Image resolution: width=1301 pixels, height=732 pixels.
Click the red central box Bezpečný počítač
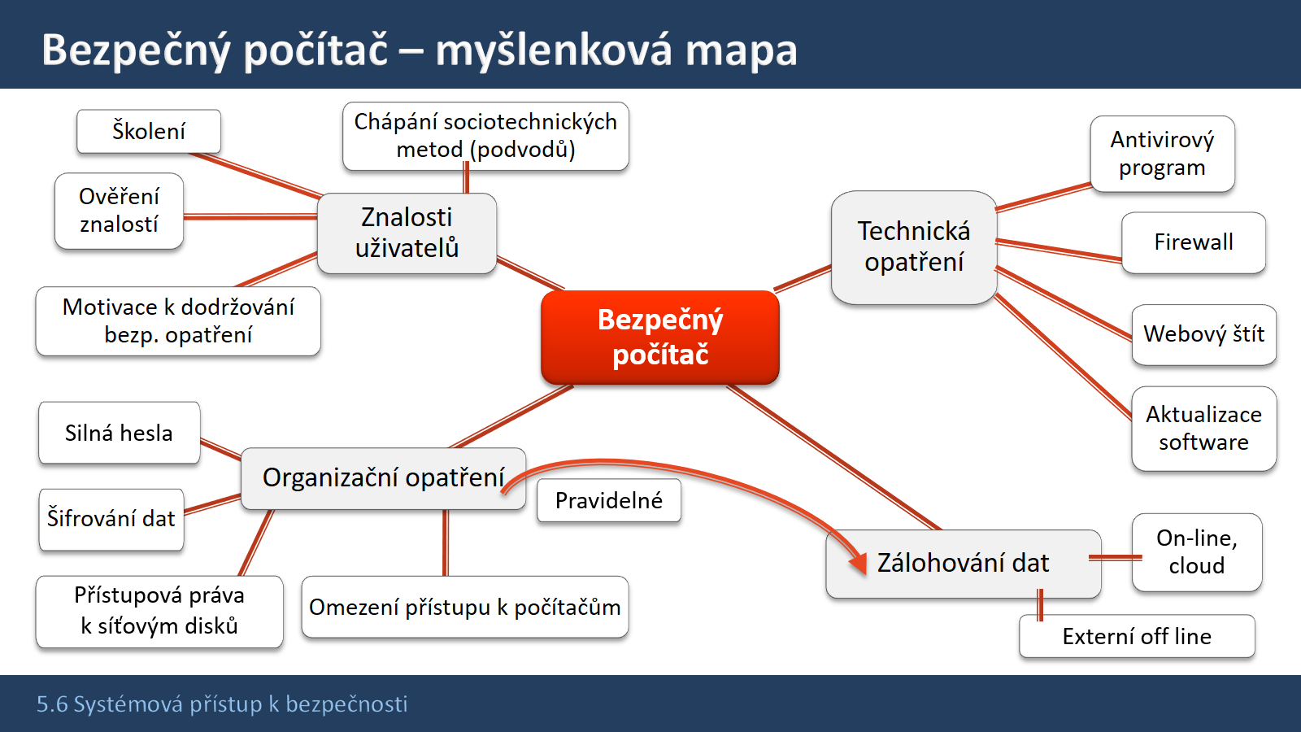659,337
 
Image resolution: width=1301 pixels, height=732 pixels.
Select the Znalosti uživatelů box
407,233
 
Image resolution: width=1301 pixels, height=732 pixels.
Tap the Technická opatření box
914,247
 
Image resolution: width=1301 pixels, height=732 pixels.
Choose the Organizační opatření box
383,478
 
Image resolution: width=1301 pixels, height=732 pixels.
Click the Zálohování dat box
963,564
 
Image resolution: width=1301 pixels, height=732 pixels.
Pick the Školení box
149,131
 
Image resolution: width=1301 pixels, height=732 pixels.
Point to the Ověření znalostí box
119,211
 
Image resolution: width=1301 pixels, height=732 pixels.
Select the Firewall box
1194,242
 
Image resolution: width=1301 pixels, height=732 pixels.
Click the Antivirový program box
1162,154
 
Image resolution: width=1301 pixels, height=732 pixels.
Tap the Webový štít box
1204,334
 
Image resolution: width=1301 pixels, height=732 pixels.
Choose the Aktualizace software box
1204,428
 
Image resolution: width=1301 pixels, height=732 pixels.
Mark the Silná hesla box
119,433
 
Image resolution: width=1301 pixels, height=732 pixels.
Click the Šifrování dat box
111,519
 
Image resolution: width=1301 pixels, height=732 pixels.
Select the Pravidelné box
609,500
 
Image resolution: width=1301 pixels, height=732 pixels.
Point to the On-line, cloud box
1196,552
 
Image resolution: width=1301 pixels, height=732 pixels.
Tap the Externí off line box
1137,636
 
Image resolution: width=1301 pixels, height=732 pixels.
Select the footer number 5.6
52,704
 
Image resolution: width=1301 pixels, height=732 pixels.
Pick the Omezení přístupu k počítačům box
464,607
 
